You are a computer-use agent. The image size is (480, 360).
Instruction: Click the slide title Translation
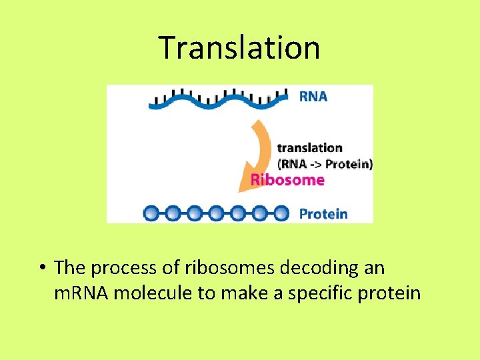239,47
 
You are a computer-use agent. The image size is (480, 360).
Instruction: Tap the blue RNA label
313,97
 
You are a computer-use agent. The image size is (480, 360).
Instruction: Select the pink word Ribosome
287,179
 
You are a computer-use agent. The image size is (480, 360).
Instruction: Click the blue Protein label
323,214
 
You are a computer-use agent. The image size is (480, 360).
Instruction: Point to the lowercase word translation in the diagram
309,147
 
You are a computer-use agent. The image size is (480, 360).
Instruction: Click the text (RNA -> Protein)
324,163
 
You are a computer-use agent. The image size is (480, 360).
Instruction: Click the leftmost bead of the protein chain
151,213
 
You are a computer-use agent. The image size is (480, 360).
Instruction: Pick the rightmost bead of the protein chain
281,213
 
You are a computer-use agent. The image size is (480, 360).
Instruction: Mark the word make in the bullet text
250,293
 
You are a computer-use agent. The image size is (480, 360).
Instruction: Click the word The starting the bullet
70,268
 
